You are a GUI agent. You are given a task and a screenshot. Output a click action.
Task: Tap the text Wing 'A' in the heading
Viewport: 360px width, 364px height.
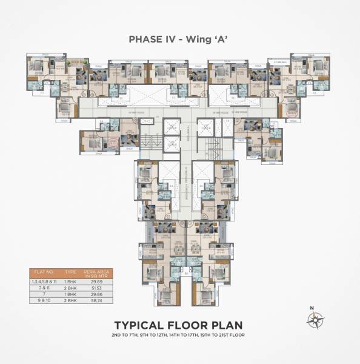click(x=207, y=39)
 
